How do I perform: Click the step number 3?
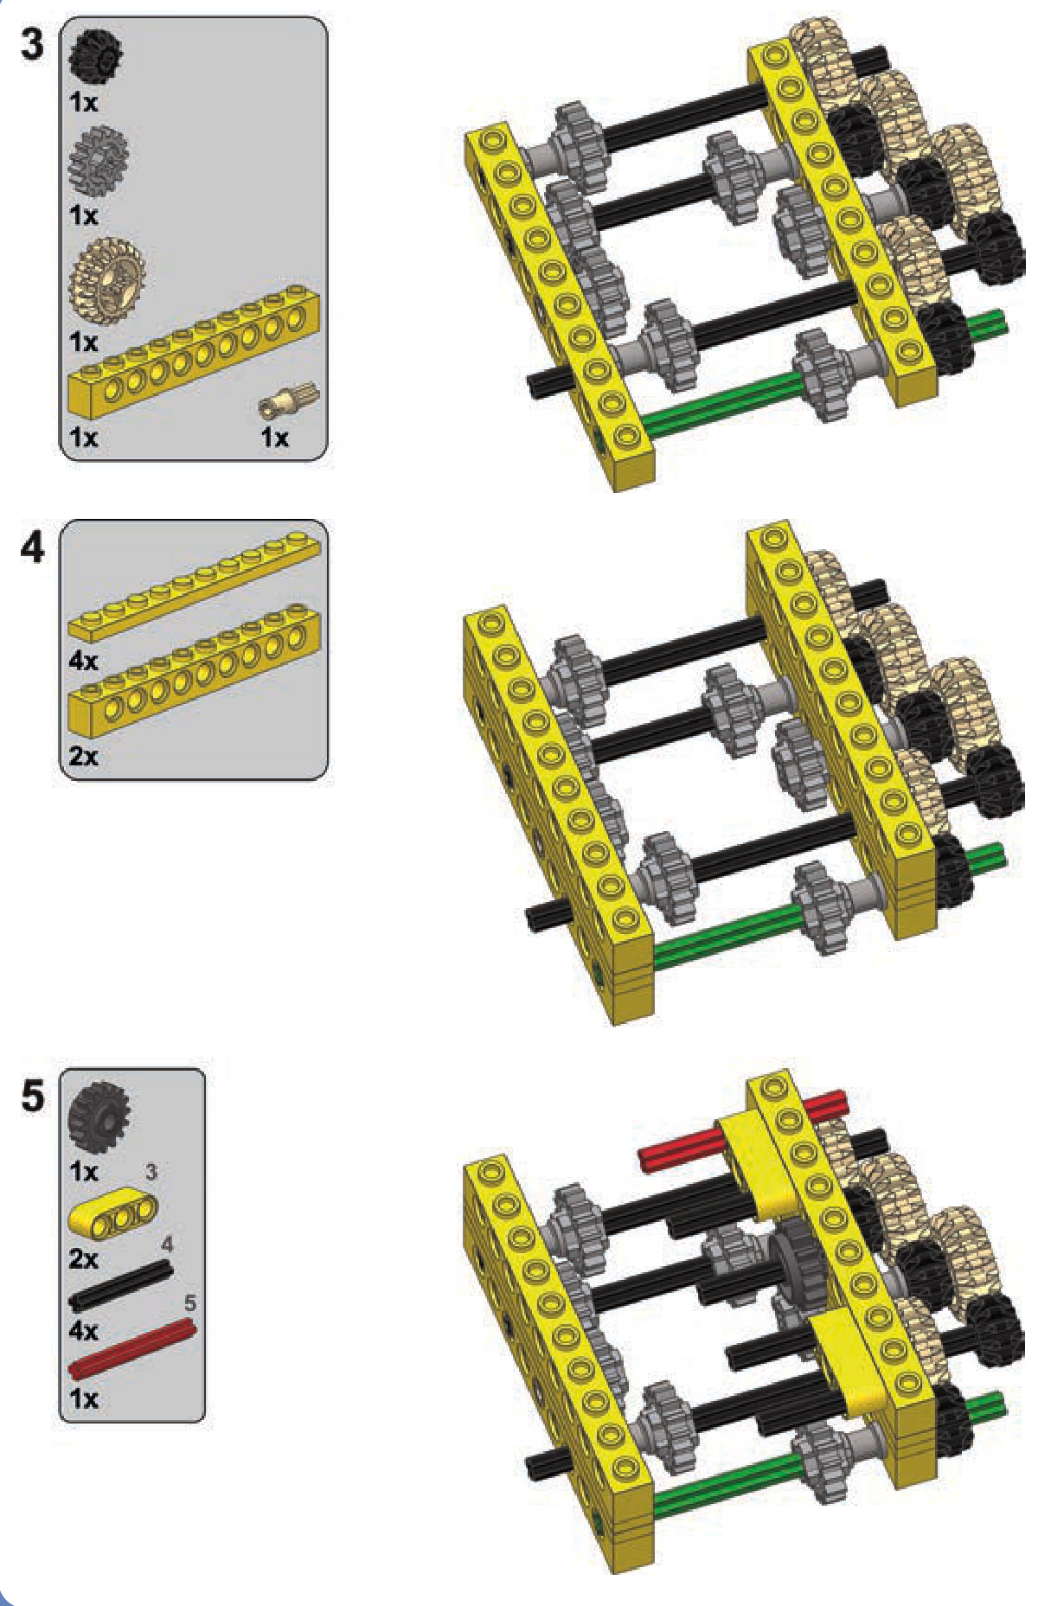tap(32, 44)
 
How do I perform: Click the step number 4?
tap(32, 547)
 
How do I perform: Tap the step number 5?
tap(32, 1096)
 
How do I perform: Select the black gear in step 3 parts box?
tap(95, 56)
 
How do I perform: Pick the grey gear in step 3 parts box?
tap(99, 161)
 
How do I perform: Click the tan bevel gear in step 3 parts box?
tap(106, 280)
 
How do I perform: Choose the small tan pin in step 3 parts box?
tap(289, 400)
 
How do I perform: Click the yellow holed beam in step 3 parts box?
tap(194, 352)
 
